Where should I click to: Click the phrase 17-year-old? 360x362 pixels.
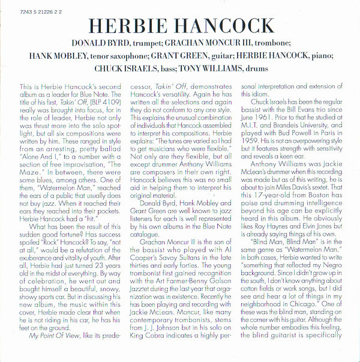tap(281, 213)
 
